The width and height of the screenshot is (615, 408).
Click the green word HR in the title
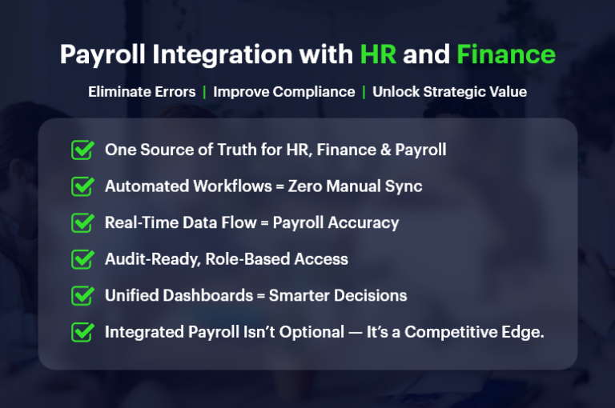pyautogui.click(x=377, y=54)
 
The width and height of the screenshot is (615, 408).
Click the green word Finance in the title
pyautogui.click(x=505, y=54)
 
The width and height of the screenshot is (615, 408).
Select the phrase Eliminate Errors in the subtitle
pyautogui.click(x=142, y=92)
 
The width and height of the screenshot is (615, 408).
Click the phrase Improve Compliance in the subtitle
pyautogui.click(x=283, y=92)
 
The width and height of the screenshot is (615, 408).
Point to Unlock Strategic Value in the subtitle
pyautogui.click(x=449, y=92)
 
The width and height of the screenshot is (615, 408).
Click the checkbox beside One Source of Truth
pyautogui.click(x=82, y=150)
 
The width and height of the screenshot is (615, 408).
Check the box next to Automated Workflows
pyautogui.click(x=82, y=186)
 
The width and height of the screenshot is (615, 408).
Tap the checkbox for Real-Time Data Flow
pyautogui.click(x=82, y=223)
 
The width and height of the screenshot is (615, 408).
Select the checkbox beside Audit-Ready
pyautogui.click(x=82, y=259)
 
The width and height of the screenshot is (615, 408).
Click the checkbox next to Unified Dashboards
pyautogui.click(x=82, y=296)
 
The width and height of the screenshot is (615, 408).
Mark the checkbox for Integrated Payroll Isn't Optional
pyautogui.click(x=82, y=332)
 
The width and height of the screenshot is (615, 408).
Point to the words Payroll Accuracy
pyautogui.click(x=336, y=223)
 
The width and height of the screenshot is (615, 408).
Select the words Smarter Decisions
pyautogui.click(x=338, y=296)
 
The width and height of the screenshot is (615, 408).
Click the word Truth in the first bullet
pyautogui.click(x=255, y=150)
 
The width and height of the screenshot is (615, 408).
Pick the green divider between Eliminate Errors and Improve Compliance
pyautogui.click(x=204, y=92)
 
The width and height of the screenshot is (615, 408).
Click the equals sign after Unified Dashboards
pyautogui.click(x=260, y=296)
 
